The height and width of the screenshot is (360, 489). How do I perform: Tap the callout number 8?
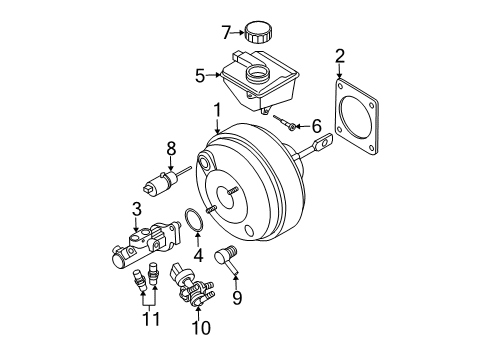(171, 148)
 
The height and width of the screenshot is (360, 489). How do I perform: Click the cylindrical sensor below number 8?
(157, 185)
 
